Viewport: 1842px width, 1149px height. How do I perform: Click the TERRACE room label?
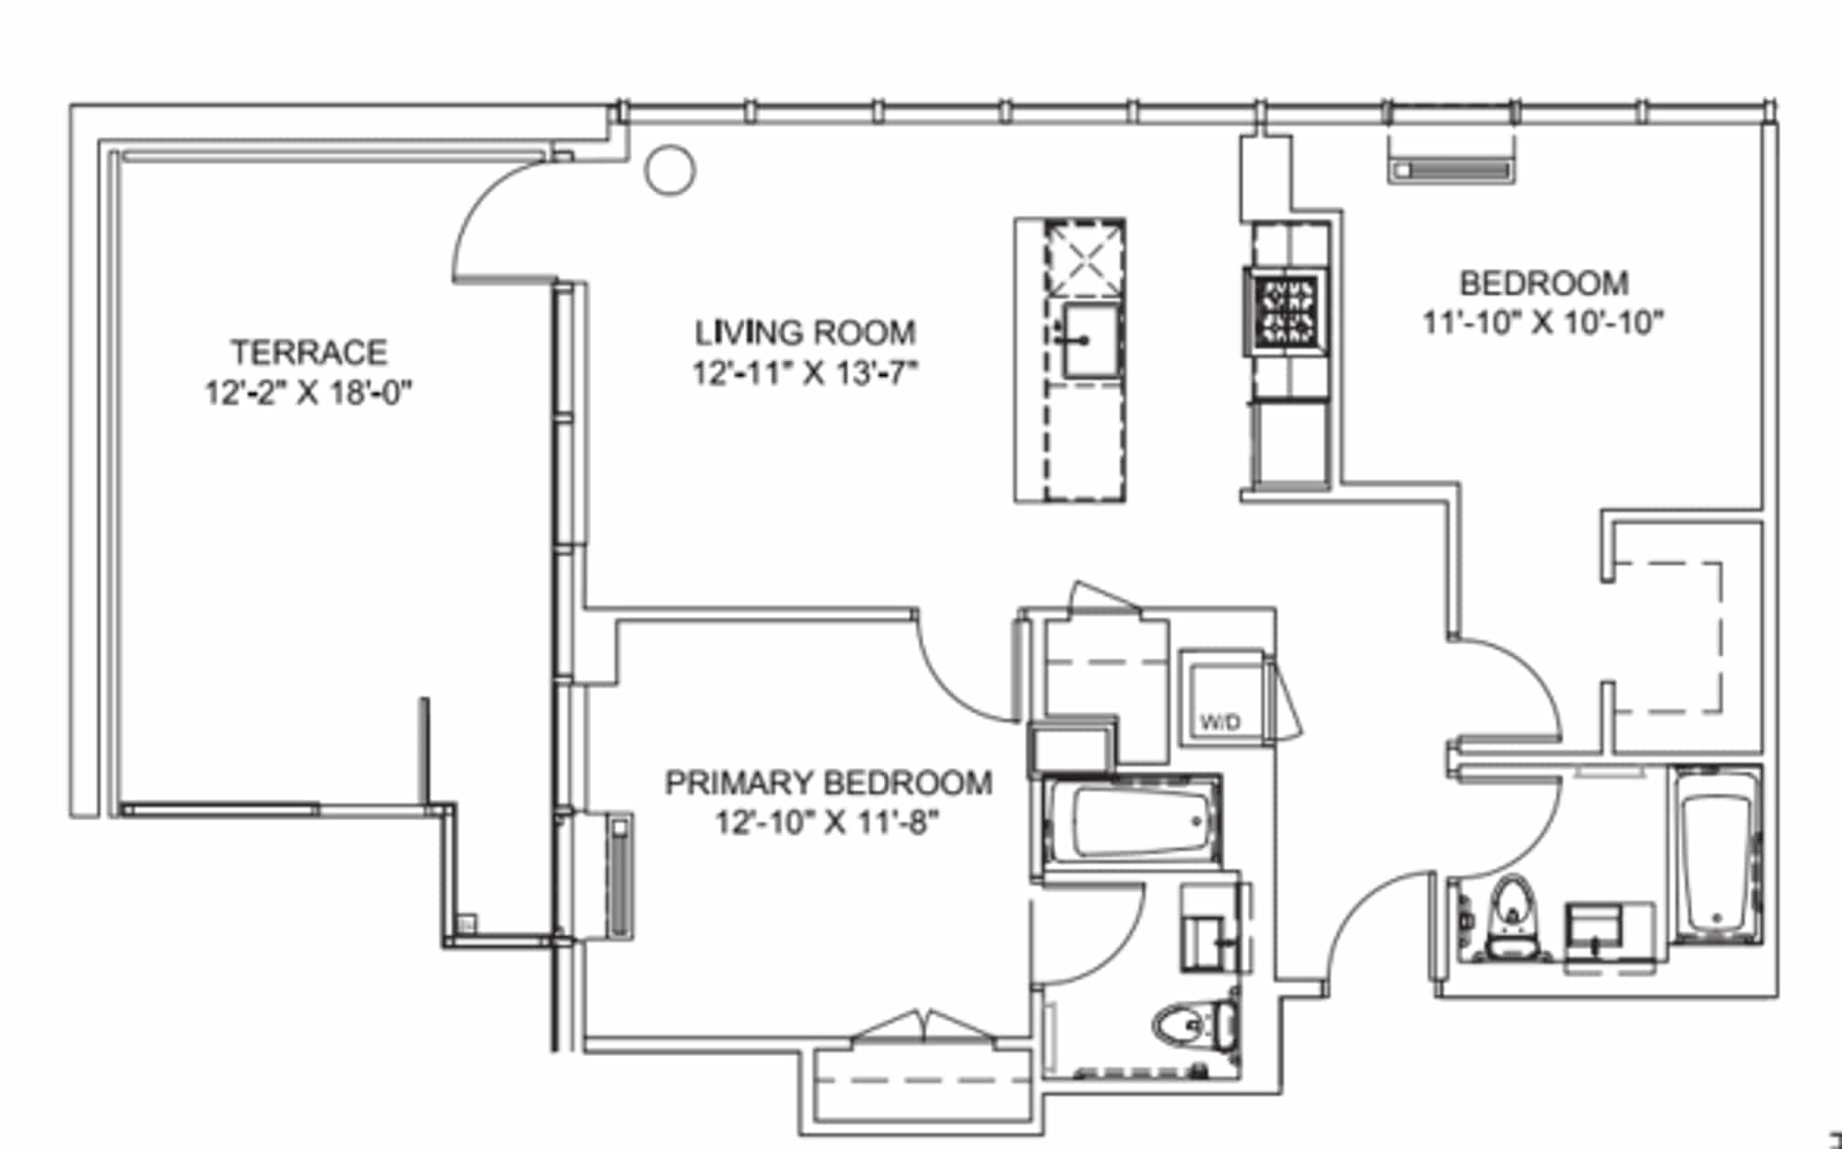(309, 352)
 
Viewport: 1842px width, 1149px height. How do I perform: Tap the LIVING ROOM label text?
(805, 332)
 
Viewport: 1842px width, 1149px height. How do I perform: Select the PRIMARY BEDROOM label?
(829, 782)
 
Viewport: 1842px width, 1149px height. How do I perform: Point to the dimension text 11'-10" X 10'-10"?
(1544, 322)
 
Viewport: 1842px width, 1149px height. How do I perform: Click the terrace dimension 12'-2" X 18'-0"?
(309, 393)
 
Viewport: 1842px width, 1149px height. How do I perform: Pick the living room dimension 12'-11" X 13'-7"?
(805, 372)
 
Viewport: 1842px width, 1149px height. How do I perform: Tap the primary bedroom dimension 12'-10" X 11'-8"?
(828, 821)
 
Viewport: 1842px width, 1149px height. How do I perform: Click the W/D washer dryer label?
(1219, 722)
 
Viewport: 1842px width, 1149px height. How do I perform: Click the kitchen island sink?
(1091, 340)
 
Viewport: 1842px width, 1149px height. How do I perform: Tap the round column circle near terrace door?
(670, 170)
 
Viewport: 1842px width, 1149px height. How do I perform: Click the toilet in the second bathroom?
(1510, 917)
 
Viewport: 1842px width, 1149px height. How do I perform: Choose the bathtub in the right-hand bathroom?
(1716, 856)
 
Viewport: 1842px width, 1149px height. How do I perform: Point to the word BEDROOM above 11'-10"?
(1544, 282)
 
